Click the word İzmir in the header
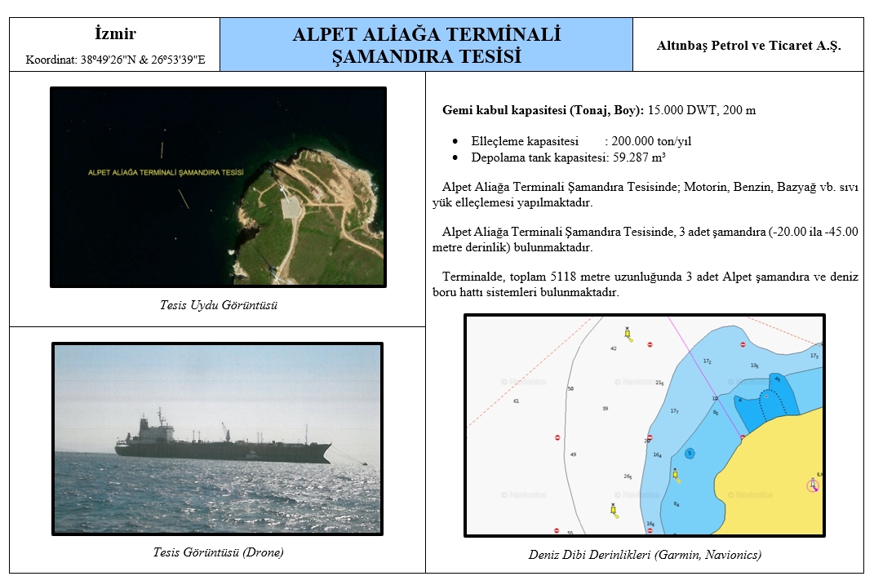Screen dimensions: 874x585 click(115, 33)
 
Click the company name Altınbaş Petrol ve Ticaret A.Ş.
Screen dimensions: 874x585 click(748, 46)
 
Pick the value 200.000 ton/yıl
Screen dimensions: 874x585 click(651, 141)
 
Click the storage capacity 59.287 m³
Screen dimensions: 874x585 click(639, 157)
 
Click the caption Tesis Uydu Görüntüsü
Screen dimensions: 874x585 click(219, 305)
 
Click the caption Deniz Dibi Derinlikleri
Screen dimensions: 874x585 click(589, 554)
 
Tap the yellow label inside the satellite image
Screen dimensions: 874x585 click(166, 173)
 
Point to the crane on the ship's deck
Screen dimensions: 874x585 click(225, 432)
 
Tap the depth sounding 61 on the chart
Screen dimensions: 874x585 click(516, 401)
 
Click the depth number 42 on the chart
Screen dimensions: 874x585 click(614, 348)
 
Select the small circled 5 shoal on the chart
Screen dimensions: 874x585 click(690, 453)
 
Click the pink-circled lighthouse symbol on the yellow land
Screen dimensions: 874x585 click(813, 485)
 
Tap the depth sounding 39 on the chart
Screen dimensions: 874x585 click(606, 409)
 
